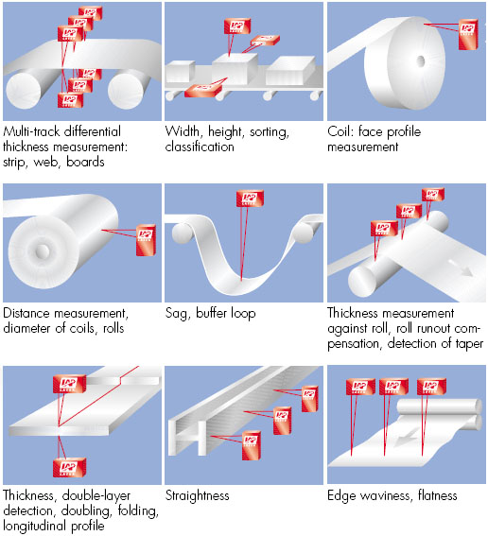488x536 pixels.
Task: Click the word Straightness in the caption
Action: pos(197,495)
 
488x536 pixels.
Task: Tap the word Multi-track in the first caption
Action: pos(30,133)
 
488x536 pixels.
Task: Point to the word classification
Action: pos(200,147)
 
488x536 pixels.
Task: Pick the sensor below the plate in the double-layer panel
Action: pos(68,468)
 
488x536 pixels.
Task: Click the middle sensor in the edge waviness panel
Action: pos(394,386)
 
